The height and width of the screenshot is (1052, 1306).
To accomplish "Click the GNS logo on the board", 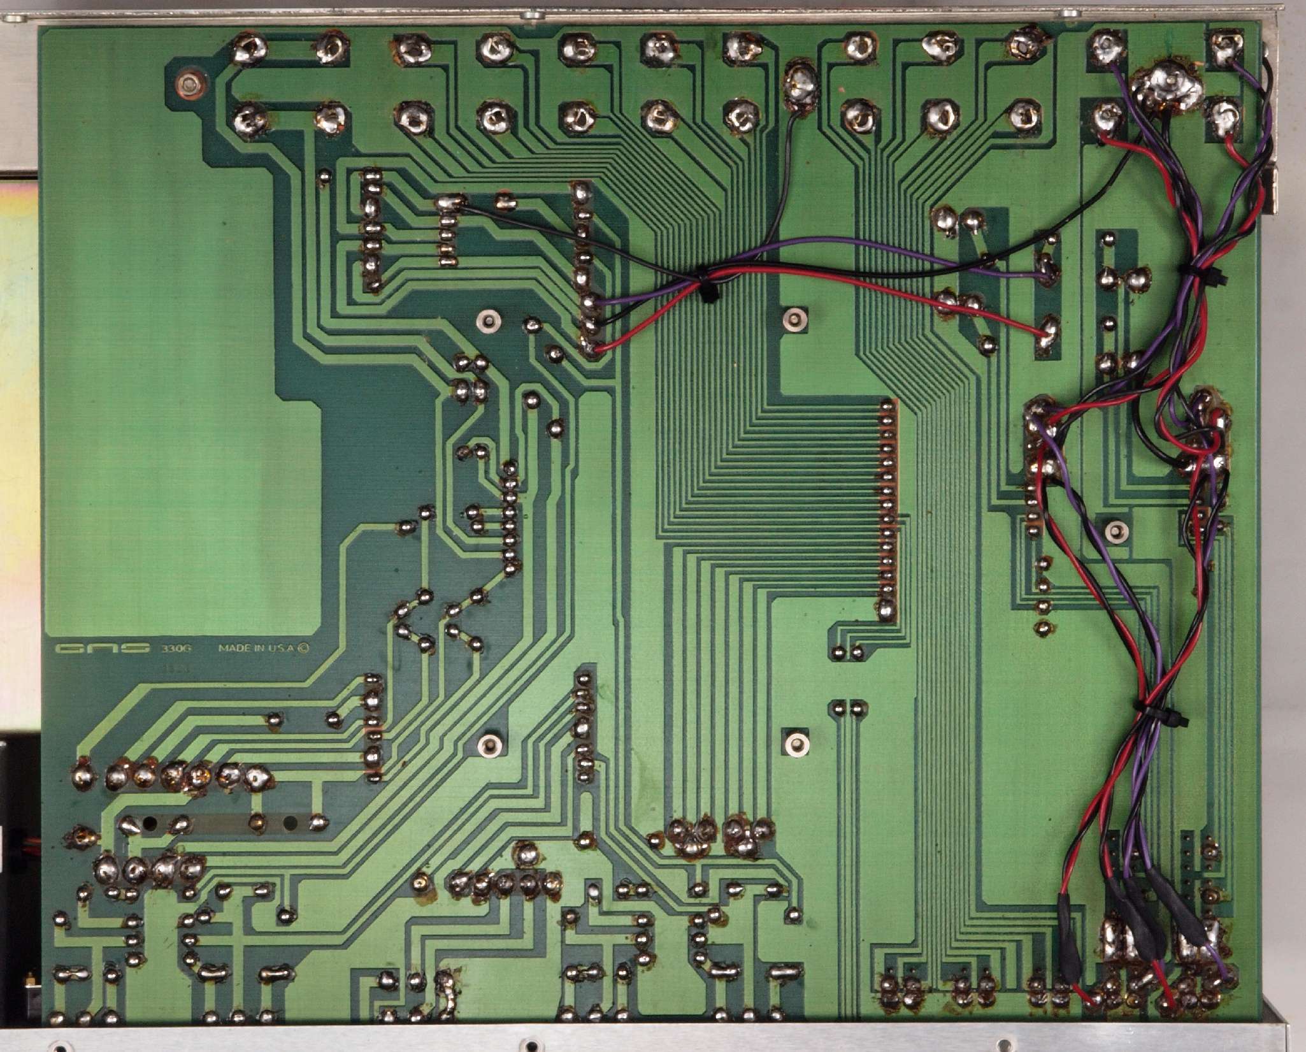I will coord(102,649).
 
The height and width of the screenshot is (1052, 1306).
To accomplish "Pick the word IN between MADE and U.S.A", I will coord(257,649).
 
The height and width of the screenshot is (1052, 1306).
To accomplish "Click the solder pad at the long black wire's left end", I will coord(450,204).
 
